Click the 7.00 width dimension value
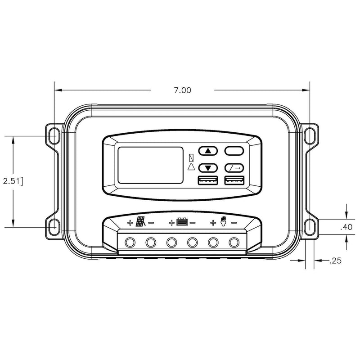pos(183,90)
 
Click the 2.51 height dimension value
pos(12,181)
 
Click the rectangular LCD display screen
pos(150,166)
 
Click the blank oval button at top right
pos(234,151)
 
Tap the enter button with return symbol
pos(234,168)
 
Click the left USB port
pos(207,181)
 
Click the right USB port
pos(234,181)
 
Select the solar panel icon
pos(140,222)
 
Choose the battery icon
pos(182,222)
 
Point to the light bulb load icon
pos(222,221)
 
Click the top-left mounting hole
pos(54,134)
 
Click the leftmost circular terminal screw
pos(130,243)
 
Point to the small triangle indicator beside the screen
pos(191,166)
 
